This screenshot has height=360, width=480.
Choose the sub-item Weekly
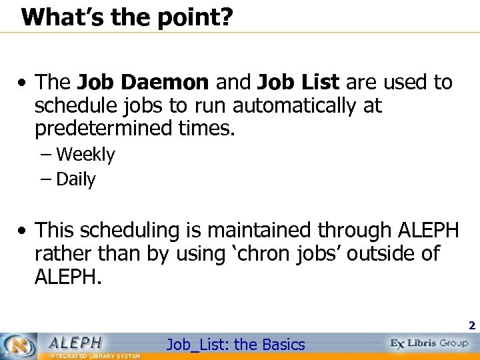click(x=85, y=155)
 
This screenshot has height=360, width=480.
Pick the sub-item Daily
click(x=76, y=179)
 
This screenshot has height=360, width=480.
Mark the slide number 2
click(x=471, y=326)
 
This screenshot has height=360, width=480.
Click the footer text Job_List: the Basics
click(x=235, y=345)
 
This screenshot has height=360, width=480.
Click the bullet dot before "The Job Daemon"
click(x=23, y=85)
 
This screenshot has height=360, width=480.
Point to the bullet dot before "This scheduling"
click(x=23, y=231)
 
